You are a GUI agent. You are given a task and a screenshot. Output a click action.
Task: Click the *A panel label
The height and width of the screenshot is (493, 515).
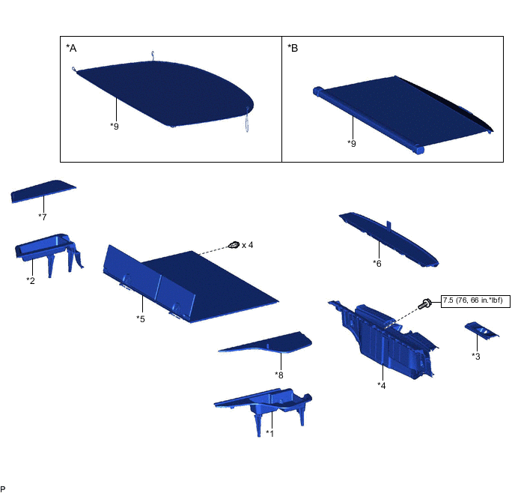click(x=71, y=48)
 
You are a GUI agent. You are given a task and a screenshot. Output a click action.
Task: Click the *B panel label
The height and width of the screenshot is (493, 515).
click(x=293, y=48)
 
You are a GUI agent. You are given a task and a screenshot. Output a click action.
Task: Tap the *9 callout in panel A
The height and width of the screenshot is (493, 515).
click(x=115, y=126)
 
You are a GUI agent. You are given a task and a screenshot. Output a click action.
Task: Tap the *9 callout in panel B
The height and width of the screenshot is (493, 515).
click(x=351, y=143)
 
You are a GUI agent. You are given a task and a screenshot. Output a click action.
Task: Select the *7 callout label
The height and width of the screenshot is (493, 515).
click(x=43, y=217)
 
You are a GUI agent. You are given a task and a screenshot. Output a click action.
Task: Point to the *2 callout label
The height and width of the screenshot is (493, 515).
click(x=31, y=281)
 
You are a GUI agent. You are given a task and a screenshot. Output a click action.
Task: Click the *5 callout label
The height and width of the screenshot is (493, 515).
click(x=141, y=319)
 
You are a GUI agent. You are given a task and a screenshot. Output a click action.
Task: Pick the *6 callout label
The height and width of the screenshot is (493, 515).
click(x=377, y=263)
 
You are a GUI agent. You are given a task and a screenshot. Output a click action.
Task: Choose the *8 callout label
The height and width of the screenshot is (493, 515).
click(x=279, y=375)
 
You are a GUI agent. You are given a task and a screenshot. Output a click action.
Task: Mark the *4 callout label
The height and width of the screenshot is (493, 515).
click(x=381, y=385)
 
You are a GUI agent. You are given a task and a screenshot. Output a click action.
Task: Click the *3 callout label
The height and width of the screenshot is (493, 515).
click(x=476, y=357)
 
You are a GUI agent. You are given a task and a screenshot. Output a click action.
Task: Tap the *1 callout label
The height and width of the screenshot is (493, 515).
click(x=269, y=433)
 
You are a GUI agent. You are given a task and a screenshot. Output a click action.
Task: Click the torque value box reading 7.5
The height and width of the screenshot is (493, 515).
click(x=475, y=301)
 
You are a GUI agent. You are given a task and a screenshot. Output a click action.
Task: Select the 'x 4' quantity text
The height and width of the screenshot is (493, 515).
click(x=247, y=245)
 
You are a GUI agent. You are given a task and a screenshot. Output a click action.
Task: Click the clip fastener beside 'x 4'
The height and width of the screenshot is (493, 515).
click(x=234, y=245)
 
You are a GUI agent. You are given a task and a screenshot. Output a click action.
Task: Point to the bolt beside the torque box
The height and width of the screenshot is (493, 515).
click(x=424, y=303)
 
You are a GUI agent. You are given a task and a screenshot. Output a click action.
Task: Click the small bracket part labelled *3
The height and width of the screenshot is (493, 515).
click(x=482, y=330)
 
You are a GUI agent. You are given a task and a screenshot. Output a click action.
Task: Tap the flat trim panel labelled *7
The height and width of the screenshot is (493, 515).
click(x=43, y=191)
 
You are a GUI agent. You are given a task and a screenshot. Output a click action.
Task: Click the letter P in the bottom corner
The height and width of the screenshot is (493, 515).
click(x=3, y=489)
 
